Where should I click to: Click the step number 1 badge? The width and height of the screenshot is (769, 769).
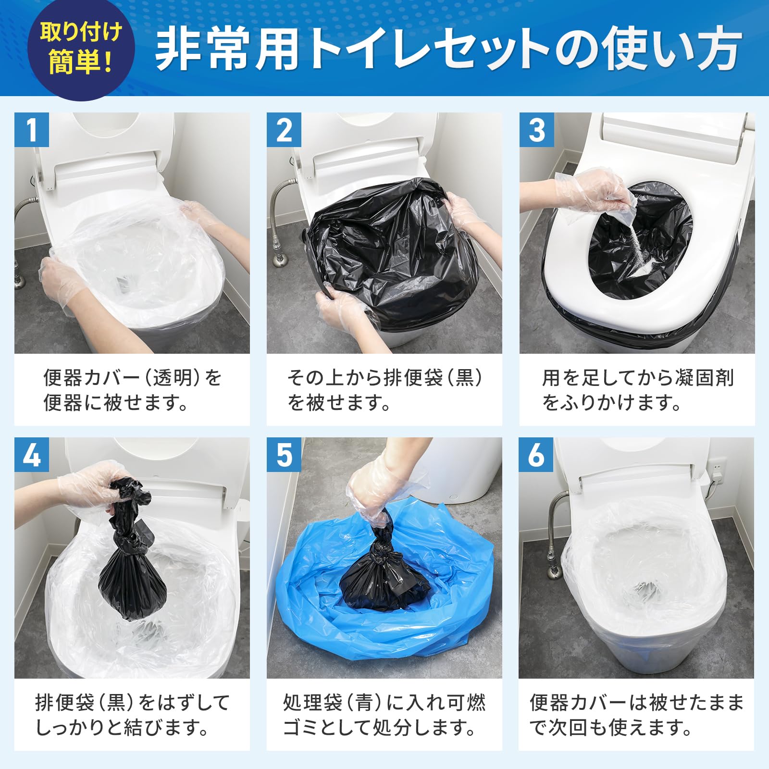pos(32,130)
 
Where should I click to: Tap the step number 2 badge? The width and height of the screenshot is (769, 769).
pos(284,130)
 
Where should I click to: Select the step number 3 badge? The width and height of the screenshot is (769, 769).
pos(536,130)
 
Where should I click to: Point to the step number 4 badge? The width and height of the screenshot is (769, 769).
pos(32,454)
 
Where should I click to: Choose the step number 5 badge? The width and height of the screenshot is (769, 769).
pos(284,454)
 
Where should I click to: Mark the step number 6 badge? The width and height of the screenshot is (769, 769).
pos(536,454)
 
